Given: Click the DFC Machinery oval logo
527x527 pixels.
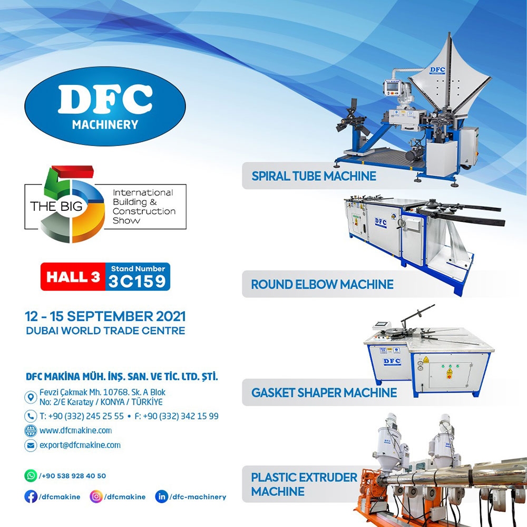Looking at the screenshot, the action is click(105, 106).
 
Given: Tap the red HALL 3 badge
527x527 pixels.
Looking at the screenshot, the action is click(73, 277).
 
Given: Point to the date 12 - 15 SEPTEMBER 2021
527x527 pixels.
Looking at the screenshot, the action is click(105, 316).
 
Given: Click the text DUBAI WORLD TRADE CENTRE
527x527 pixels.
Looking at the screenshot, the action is click(105, 331).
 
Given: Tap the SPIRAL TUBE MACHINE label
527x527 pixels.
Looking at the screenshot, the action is click(314, 176).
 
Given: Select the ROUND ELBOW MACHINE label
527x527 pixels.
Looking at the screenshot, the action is click(322, 285).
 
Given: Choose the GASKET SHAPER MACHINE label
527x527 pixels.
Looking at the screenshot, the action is click(324, 393).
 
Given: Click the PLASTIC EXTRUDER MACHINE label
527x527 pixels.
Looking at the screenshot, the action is click(304, 484).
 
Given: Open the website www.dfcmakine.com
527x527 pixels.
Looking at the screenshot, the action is click(75, 431).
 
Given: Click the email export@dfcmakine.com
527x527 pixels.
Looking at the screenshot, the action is click(80, 445).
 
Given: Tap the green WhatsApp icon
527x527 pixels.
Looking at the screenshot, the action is click(31, 475).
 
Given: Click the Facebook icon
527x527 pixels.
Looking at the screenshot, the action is click(31, 497).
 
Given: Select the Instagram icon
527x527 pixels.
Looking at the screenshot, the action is click(96, 497).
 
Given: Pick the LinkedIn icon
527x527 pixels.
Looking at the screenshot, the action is click(161, 497).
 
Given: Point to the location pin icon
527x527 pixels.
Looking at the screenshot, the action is click(31, 397).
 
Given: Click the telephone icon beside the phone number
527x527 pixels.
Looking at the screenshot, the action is click(31, 416).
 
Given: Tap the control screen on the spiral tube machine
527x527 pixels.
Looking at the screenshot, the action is click(392, 87).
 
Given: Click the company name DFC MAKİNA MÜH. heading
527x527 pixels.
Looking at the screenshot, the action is click(122, 376).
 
